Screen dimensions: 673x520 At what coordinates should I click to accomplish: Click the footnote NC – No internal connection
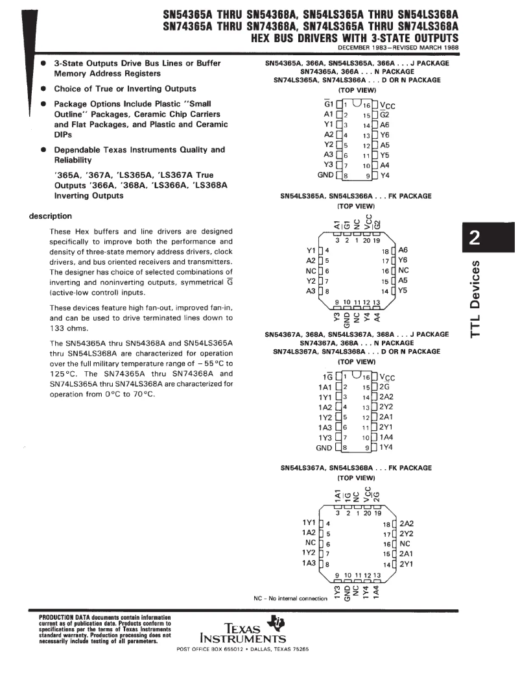pos(290,598)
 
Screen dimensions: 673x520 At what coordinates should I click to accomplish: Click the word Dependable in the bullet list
pos(78,149)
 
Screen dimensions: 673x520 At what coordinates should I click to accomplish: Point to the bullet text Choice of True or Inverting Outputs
pos(124,88)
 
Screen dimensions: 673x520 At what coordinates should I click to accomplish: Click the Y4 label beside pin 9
pos(384,175)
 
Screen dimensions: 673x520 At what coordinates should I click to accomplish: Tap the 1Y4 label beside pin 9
pos(386,448)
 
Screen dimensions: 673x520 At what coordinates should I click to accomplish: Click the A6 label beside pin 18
pos(403,250)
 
